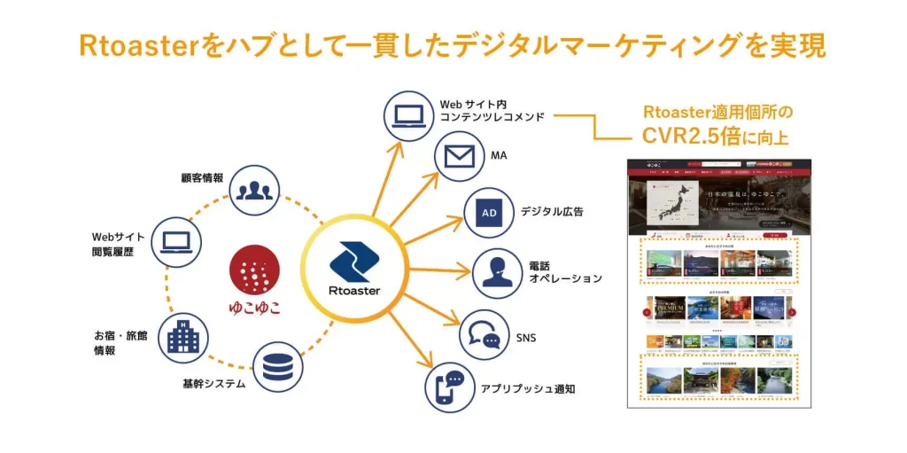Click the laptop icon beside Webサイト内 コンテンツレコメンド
click(x=408, y=114)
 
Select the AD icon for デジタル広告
click(x=490, y=214)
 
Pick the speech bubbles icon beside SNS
click(x=485, y=335)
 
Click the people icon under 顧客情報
click(x=254, y=189)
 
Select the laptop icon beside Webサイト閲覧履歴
click(x=177, y=240)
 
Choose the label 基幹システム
click(x=213, y=385)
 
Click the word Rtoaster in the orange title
click(x=138, y=46)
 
